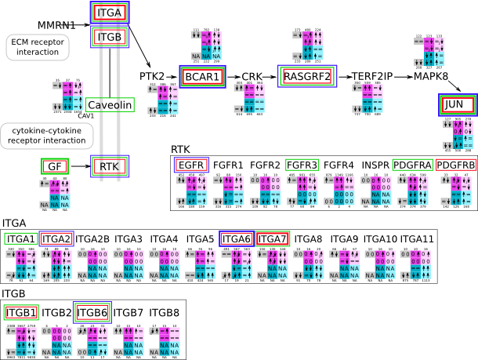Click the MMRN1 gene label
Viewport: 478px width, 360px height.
pos(56,25)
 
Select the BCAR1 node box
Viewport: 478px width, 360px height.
pos(202,76)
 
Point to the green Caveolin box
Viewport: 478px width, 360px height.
pos(110,105)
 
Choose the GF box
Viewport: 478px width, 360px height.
pos(54,165)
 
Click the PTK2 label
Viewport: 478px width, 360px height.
pos(153,76)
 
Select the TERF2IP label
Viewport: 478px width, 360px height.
pos(372,76)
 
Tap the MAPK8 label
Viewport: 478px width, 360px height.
pos(431,76)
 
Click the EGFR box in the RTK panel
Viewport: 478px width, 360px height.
pos(191,165)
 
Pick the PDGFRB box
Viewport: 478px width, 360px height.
pos(456,165)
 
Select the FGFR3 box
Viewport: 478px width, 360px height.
pos(302,165)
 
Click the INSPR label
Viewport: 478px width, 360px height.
pos(375,165)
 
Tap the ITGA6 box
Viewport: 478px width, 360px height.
pos(236,238)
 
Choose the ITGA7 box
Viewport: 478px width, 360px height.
pos(272,238)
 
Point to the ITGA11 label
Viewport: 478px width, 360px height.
pos(417,238)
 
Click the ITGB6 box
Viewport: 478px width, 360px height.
pos(92,311)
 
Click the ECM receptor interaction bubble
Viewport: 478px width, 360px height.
pos(37,46)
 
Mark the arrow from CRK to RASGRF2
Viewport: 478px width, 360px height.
pos(269,76)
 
